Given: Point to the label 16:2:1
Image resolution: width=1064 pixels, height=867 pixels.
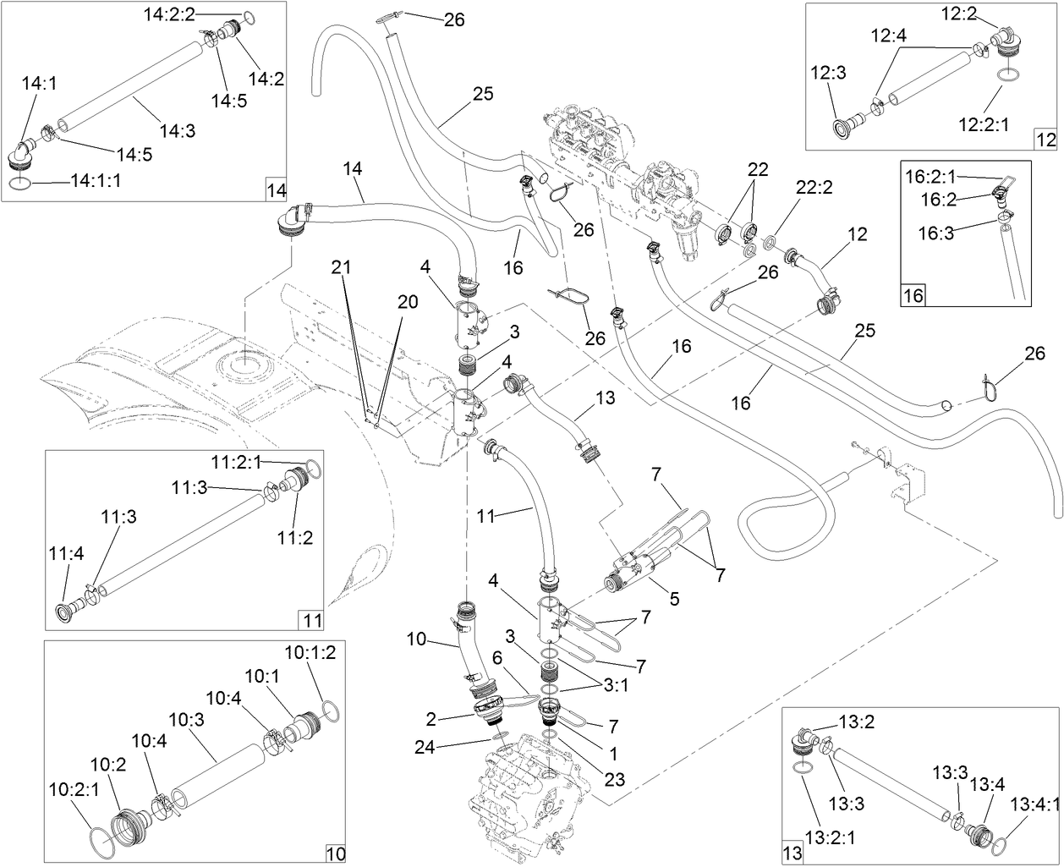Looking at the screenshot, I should (x=931, y=177).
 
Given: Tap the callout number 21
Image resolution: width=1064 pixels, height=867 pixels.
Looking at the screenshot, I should (x=341, y=267).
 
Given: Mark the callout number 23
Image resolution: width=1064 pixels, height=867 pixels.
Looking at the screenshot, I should (x=613, y=779).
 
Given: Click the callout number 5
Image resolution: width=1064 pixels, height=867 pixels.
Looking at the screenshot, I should (x=674, y=600).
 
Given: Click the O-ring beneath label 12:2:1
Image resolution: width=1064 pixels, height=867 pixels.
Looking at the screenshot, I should (x=1006, y=75).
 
